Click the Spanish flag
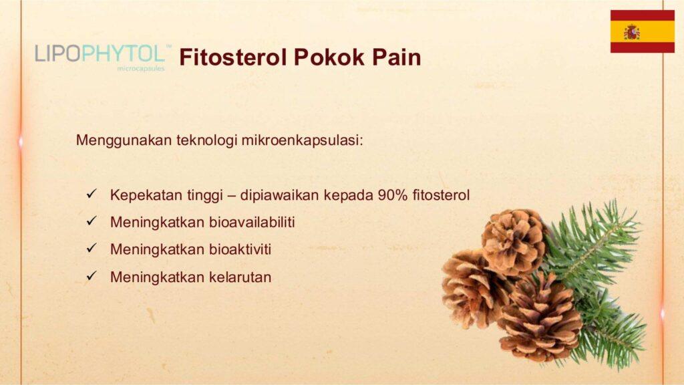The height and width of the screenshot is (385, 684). [x=642, y=31]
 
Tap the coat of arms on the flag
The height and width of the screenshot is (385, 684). [x=632, y=32]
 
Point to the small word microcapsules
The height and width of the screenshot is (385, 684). [x=141, y=69]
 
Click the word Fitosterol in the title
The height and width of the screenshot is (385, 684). [x=233, y=57]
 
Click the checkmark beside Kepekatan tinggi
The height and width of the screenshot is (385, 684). [x=91, y=193]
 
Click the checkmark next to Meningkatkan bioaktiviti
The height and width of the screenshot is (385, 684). [x=91, y=248]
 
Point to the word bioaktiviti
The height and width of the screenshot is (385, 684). [x=240, y=249]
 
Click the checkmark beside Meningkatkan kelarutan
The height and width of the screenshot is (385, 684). [x=91, y=275]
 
